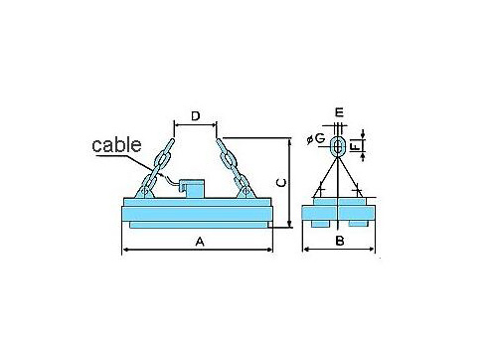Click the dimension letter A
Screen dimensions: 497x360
(200, 242)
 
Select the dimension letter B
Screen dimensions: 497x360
(340, 241)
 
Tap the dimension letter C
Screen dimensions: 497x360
(281, 183)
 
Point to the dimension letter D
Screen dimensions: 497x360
(196, 116)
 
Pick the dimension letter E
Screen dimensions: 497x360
(339, 112)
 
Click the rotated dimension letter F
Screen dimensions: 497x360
(355, 146)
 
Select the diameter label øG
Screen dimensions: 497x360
(316, 138)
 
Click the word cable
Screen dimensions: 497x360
(116, 144)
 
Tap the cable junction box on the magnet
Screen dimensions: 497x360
(192, 189)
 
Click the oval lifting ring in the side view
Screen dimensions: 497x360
(332, 146)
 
